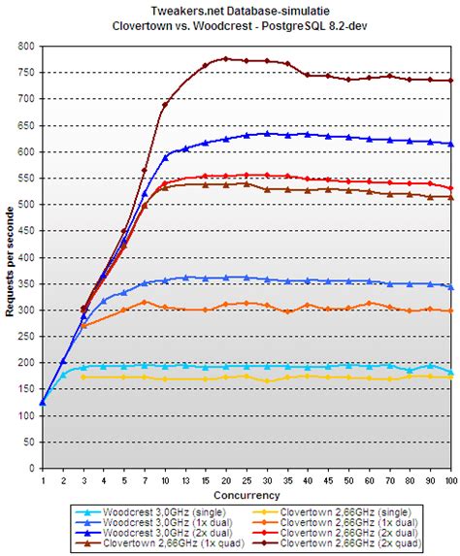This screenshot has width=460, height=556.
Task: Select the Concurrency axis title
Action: (246, 495)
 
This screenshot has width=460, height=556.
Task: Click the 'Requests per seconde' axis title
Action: (10, 256)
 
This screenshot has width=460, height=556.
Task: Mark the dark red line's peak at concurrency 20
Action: (225, 58)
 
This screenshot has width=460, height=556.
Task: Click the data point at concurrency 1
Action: (43, 402)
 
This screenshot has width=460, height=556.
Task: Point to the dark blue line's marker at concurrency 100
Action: (450, 144)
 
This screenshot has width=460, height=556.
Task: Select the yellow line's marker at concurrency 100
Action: (450, 376)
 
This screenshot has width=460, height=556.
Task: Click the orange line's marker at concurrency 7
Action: (145, 302)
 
